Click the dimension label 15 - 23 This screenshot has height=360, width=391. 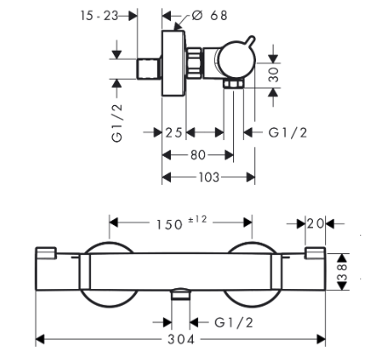click(99, 16)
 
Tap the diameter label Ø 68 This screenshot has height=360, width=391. click(210, 16)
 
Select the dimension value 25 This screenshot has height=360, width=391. click(174, 132)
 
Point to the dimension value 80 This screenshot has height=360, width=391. click(198, 155)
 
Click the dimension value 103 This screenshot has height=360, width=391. click(209, 177)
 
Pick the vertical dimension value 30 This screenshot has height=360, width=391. click(274, 74)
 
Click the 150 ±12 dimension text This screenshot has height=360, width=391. click(181, 222)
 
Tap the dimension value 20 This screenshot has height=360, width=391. click(316, 224)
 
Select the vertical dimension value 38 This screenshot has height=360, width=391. click(342, 272)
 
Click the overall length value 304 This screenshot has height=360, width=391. click(181, 339)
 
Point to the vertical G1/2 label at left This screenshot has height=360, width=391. click(117, 124)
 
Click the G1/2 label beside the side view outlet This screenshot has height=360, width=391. click(288, 132)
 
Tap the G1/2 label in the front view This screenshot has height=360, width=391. click(234, 322)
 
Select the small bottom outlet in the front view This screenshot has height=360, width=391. click(181, 294)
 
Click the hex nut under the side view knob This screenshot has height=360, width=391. click(233, 83)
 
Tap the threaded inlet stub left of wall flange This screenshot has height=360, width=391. click(149, 68)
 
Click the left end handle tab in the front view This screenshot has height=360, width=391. click(46, 253)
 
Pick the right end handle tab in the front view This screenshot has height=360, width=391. click(316, 253)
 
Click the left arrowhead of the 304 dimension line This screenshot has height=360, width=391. click(40, 339)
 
